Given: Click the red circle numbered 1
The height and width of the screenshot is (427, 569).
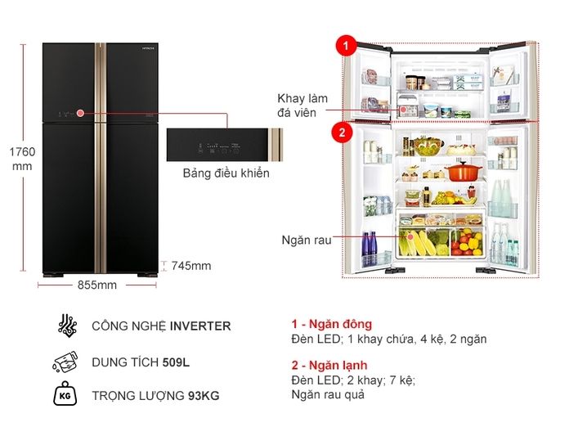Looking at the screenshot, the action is coord(347,47).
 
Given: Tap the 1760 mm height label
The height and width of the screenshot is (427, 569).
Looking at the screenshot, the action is coord(22,160).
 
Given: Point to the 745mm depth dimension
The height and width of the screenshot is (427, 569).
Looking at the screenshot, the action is coord(190,265).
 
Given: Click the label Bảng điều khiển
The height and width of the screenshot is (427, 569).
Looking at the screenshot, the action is coord(226,173).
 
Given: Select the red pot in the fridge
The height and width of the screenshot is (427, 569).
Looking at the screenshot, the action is coord(462,173).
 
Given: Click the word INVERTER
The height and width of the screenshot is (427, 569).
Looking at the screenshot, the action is coord(200,326).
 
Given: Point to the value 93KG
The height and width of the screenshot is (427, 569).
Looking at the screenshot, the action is coord(203,397).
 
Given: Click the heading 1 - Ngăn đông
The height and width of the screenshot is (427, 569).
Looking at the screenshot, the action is coord(331,324).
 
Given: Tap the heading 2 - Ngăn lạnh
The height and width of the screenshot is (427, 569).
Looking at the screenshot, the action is coord(329,365).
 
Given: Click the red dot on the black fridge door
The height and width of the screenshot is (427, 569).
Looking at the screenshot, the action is coord(81,113).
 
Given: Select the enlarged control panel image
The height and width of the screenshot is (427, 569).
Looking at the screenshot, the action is coord(225,147).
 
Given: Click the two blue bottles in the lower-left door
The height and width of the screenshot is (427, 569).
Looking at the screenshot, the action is coord(370,245).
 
